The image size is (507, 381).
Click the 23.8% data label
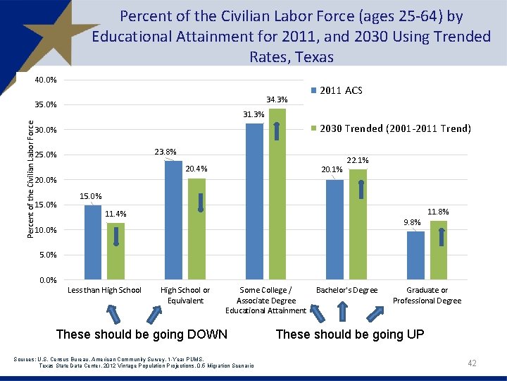coord(165,152)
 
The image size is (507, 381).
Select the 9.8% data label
coord(412,222)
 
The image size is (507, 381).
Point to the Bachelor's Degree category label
coord(347,290)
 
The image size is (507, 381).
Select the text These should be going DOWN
coord(142,334)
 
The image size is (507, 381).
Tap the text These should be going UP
coord(350,334)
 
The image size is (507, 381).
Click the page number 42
coord(472,363)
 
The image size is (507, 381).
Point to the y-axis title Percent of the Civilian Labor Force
coord(30,177)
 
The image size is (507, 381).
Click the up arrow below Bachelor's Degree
coord(343,312)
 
